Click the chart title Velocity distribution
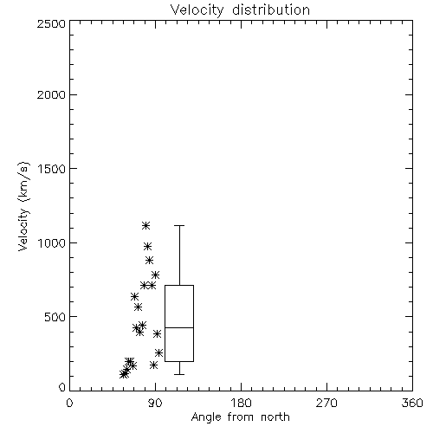240,10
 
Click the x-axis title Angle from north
240,417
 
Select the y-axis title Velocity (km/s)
23,206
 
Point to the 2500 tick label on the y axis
51,23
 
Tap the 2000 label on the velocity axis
51,94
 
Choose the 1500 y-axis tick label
52,169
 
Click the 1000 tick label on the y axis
52,243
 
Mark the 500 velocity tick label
55,317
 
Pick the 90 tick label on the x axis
155,403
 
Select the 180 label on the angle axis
241,403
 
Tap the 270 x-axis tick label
326,403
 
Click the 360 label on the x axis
412,403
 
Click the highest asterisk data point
145,225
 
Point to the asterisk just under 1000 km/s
147,246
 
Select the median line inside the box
179,327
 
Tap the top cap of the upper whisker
179,225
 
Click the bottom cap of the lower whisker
179,374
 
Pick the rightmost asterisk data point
158,352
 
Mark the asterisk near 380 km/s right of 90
157,333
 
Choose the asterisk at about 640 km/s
134,296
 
